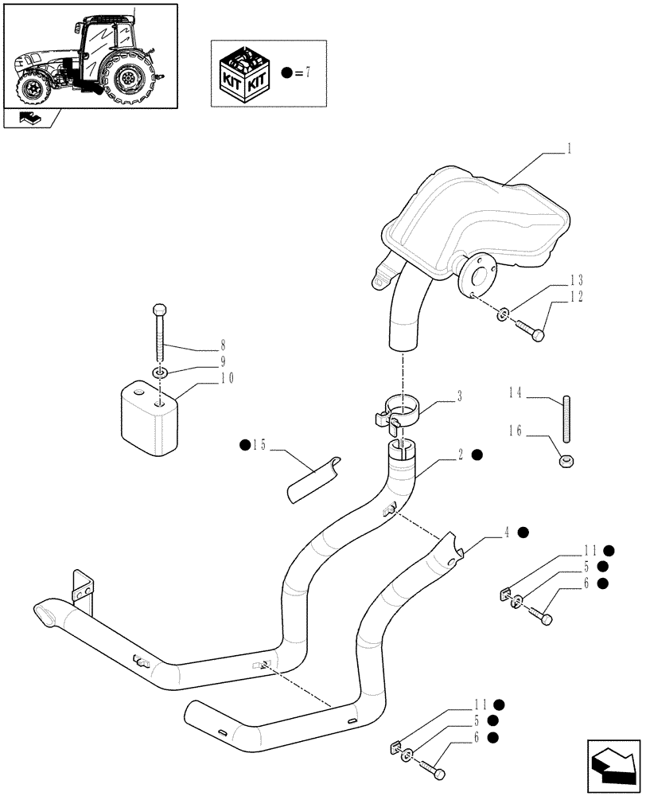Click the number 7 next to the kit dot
[x=307, y=72]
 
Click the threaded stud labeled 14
[x=566, y=419]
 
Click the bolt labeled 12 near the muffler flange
[x=527, y=330]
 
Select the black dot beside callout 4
[x=523, y=533]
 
